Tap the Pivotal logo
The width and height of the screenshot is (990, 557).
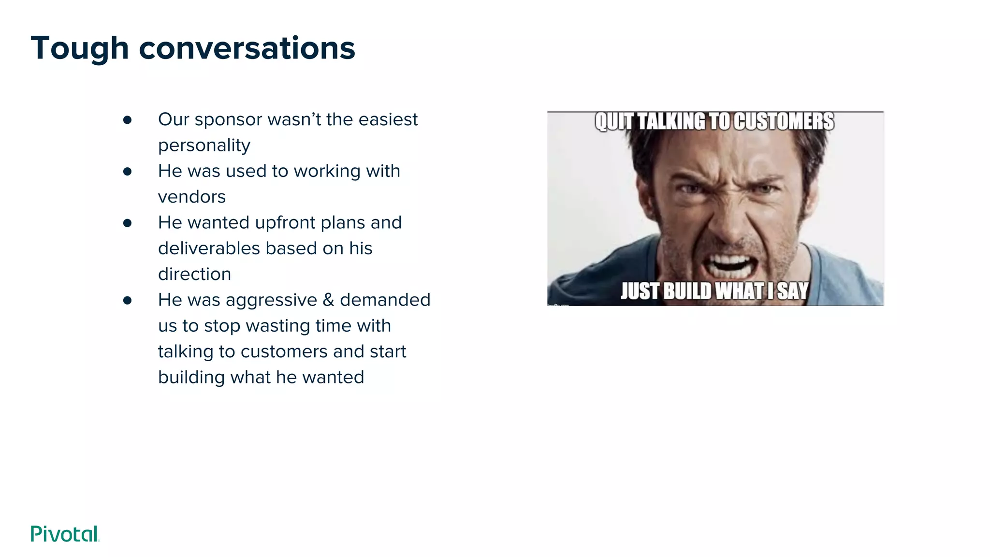(x=65, y=534)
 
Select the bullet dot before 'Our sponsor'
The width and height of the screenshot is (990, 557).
(x=127, y=120)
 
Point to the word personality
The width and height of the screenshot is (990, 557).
(x=204, y=146)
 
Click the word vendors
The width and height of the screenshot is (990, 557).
(x=191, y=197)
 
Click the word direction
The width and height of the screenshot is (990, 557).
(x=194, y=274)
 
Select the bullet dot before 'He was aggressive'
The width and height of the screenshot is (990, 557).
(x=127, y=300)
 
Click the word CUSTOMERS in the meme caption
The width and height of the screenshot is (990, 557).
(x=784, y=121)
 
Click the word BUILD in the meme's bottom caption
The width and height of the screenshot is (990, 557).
(x=687, y=291)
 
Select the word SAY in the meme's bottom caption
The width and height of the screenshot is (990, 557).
(x=793, y=291)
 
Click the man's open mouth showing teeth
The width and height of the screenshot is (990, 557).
(x=730, y=264)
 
